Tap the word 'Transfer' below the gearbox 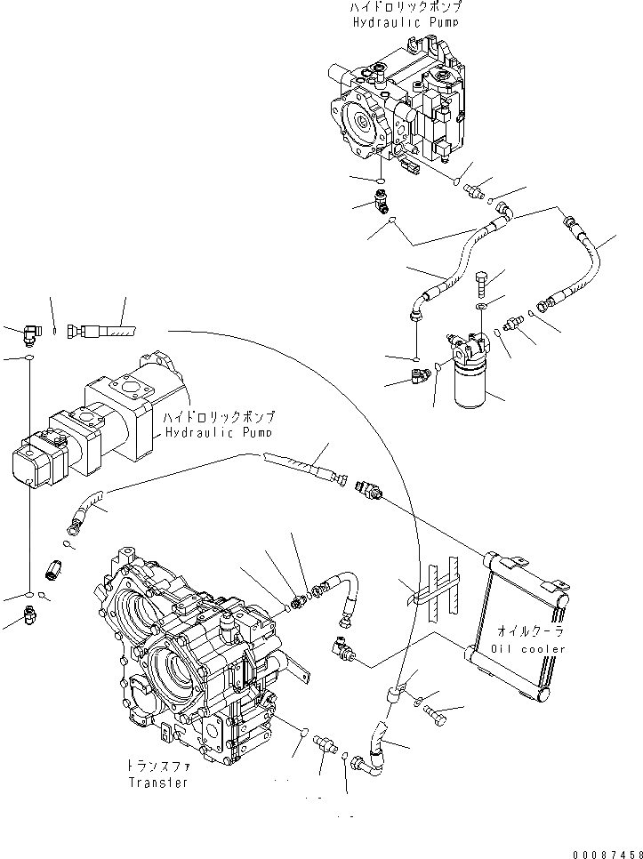coord(157,783)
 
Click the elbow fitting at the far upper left coord(30,333)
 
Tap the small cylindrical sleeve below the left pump coord(53,566)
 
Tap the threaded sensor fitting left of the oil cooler coord(368,491)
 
